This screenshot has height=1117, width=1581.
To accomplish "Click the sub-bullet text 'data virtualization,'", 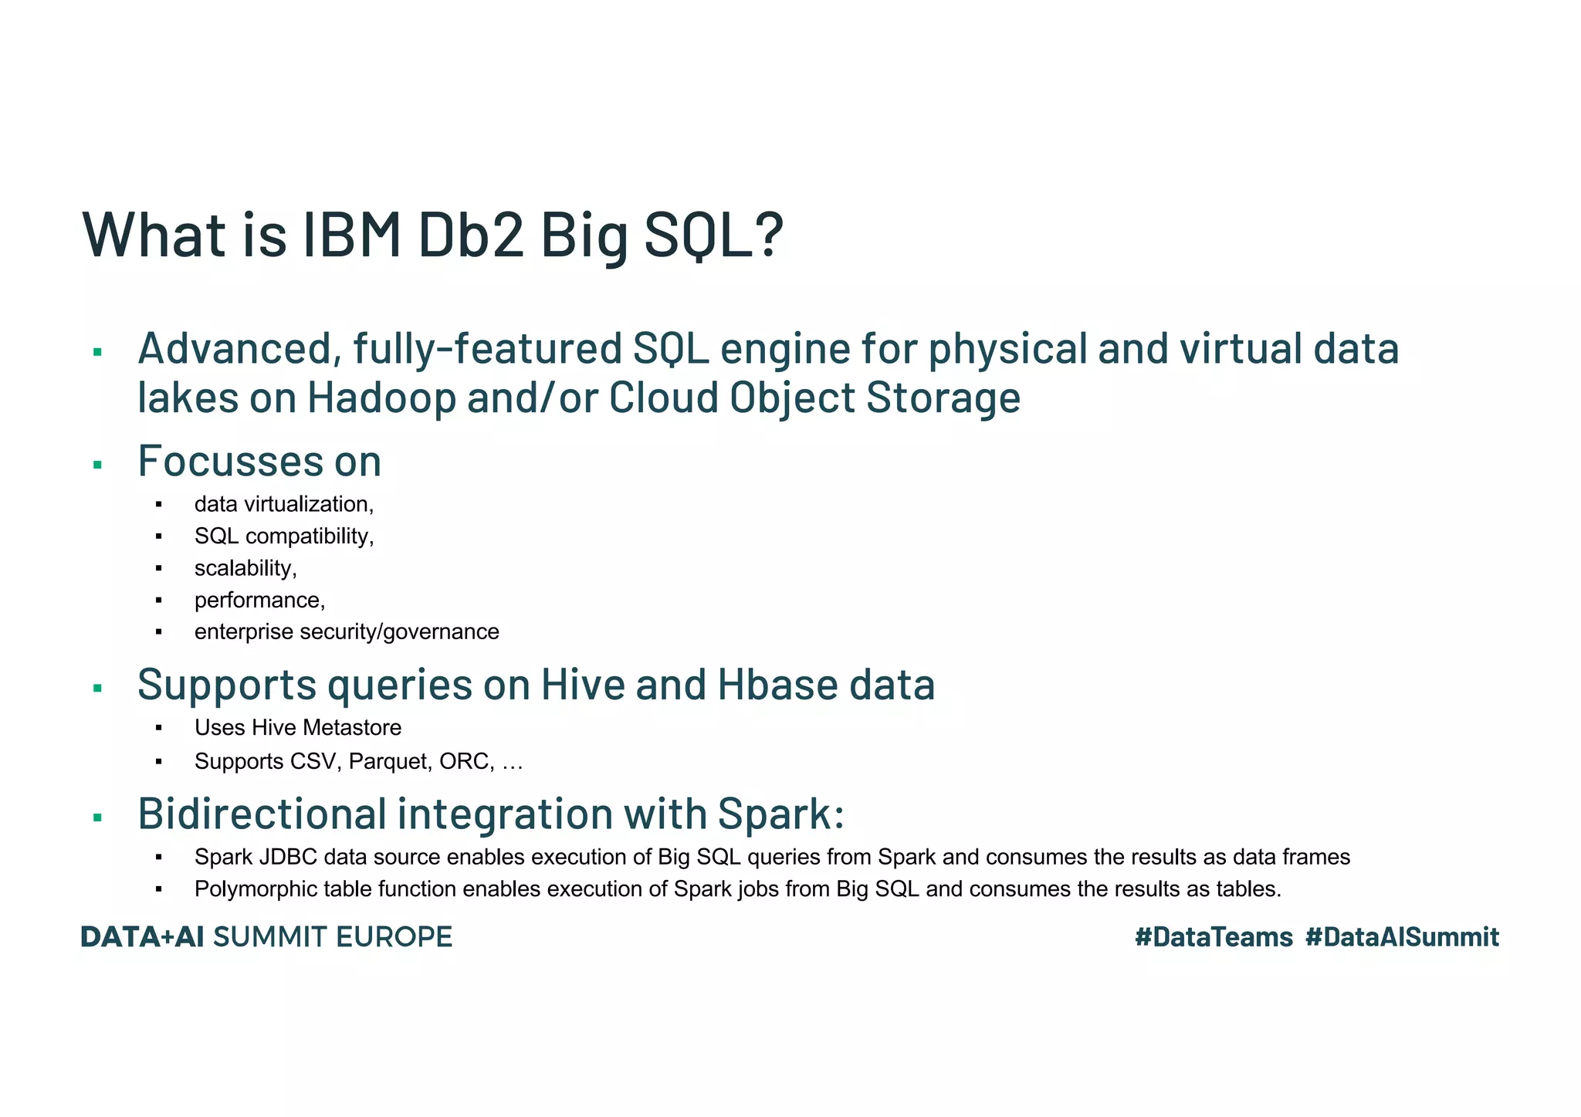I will coord(283,504).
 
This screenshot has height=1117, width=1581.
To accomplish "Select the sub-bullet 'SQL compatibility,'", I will coord(283,536).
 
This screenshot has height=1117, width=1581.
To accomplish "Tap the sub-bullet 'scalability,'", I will coord(245,568).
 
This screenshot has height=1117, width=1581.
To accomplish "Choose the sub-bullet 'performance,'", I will coord(259,600).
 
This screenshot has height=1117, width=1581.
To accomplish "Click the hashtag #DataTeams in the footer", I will coord(1214,937).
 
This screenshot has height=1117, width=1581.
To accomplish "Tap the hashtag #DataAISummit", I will coord(1402,937).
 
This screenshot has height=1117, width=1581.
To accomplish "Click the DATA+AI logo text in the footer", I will coord(143,937).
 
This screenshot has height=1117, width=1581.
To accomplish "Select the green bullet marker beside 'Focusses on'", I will coord(97,465).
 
